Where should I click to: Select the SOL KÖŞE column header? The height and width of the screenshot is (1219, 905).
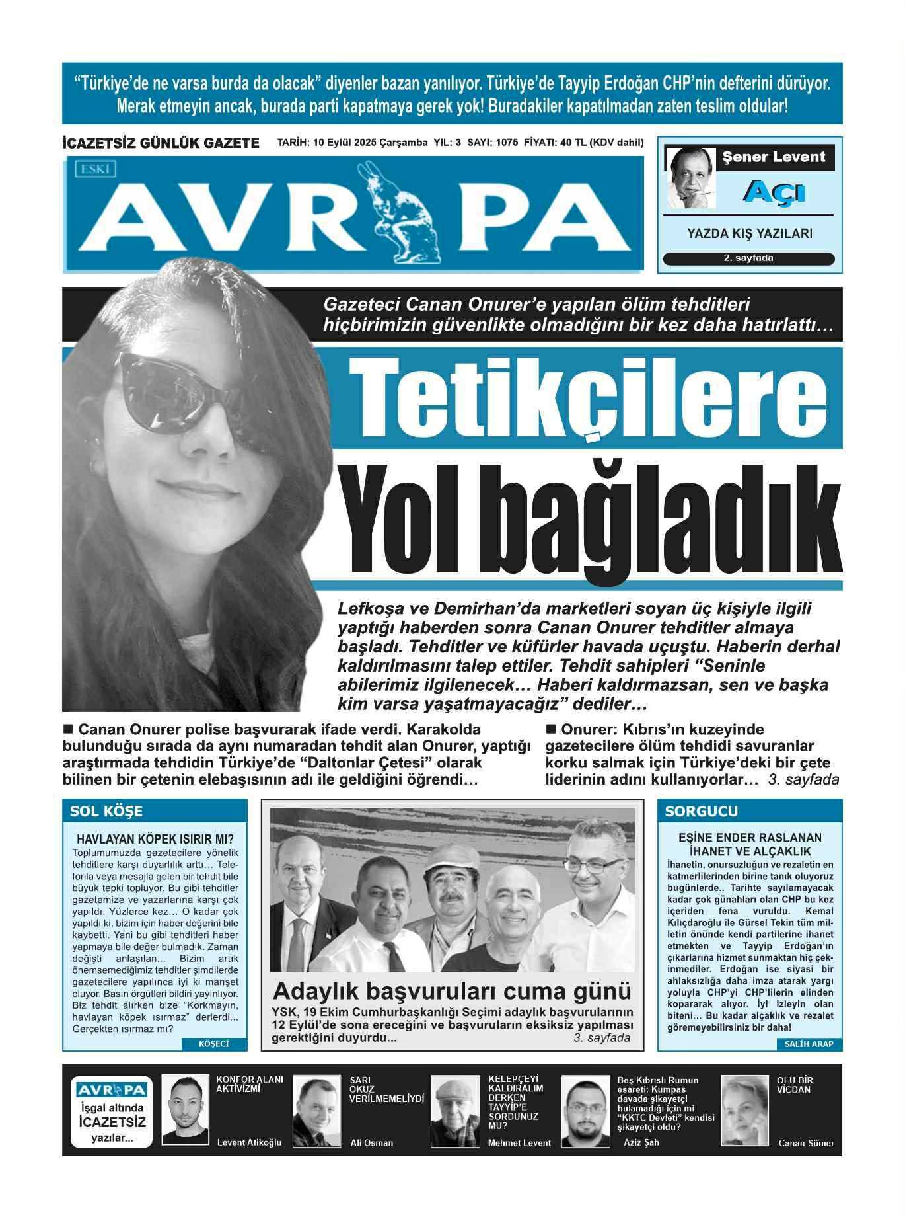point(106,811)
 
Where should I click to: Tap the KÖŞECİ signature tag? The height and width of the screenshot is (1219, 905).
point(214,1044)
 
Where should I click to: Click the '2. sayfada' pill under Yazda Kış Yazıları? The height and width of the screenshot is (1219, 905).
point(748,258)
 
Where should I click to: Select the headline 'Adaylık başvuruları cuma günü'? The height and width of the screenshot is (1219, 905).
point(452,992)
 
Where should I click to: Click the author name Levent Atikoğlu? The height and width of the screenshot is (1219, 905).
point(249,1142)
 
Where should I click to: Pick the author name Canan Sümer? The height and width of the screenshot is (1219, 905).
point(806,1143)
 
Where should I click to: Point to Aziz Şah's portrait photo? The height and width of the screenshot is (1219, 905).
point(585,1111)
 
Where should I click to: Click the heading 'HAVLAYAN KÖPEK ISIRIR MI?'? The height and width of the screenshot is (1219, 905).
point(155,840)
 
